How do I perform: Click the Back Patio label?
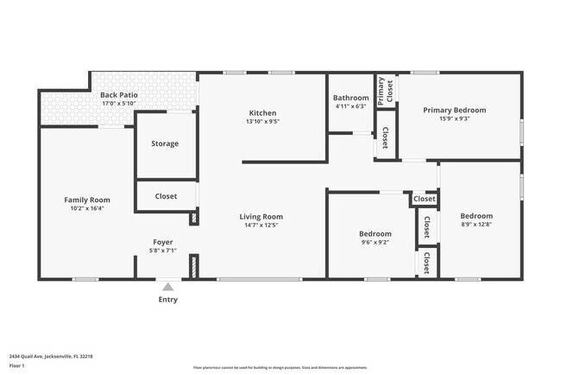point(119,95)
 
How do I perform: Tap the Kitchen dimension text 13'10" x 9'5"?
point(262,122)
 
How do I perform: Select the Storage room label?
point(165,143)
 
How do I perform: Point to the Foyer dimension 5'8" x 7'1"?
point(164,251)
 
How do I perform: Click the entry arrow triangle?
point(167,286)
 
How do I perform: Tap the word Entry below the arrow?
point(167,300)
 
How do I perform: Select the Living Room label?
point(262,217)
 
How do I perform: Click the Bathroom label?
point(350,98)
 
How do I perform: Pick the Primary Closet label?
point(384,90)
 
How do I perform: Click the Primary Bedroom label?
point(454,110)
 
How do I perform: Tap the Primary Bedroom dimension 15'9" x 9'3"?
point(454,119)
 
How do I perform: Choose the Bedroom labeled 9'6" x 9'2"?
point(375,234)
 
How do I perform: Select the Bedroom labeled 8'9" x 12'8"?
point(476,216)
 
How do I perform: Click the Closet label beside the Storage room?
point(166,196)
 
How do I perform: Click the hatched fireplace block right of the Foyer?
point(194,265)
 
